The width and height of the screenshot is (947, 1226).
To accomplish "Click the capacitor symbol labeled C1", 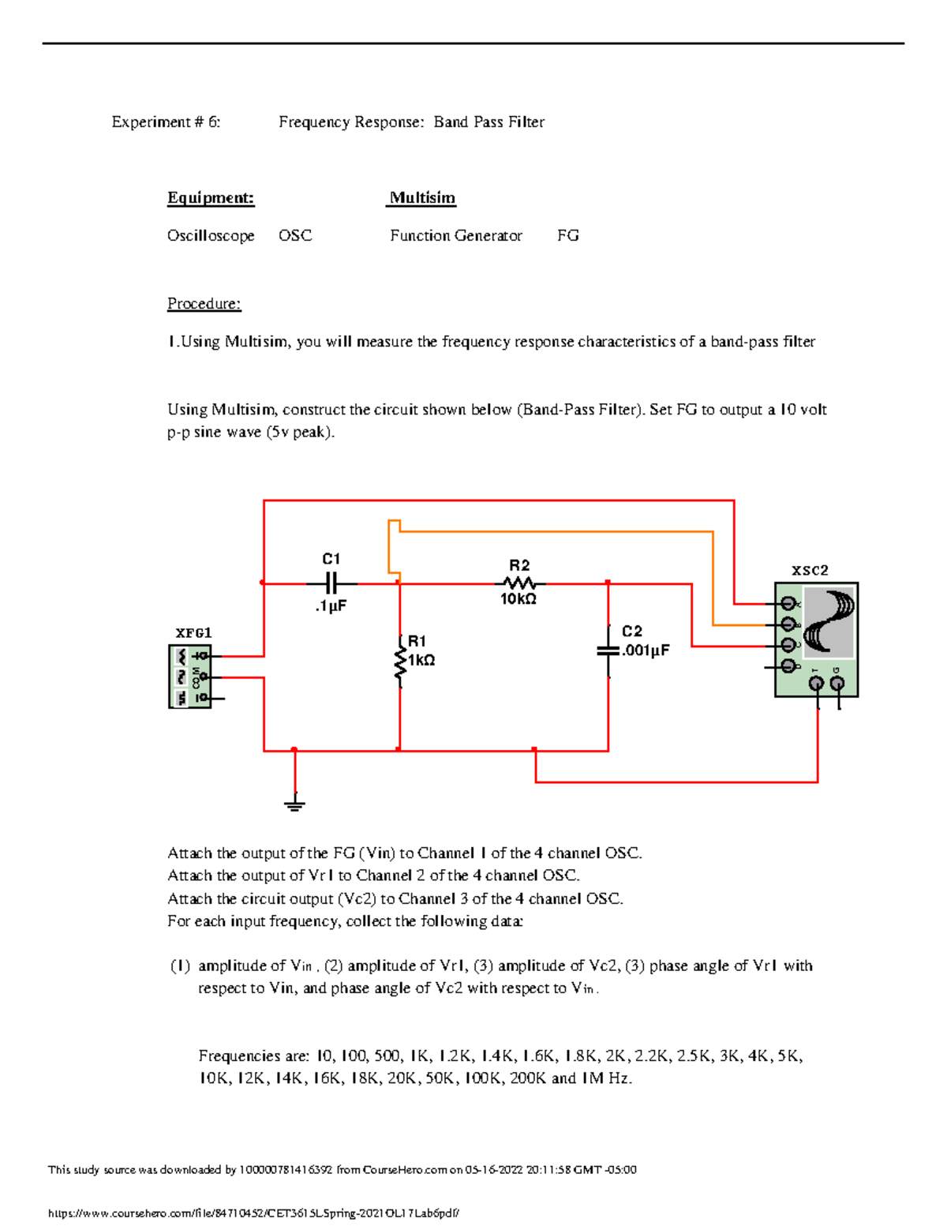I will (x=331, y=583).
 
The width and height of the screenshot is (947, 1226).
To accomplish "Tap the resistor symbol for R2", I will (x=519, y=583).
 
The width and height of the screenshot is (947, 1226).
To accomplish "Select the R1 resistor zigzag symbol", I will (x=400, y=661).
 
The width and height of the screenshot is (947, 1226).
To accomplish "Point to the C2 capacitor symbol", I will (x=608, y=650).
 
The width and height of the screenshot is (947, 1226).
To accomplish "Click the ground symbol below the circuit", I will (x=294, y=804).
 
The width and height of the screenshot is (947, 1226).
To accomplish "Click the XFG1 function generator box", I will (x=190, y=677).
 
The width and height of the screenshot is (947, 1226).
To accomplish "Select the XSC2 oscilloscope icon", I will (x=816, y=639).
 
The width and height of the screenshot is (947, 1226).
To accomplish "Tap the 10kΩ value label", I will (x=518, y=600).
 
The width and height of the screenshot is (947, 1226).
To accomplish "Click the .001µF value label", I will (x=646, y=650).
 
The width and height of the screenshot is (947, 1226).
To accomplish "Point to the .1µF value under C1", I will (x=331, y=606).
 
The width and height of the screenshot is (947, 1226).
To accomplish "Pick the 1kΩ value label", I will (x=421, y=660).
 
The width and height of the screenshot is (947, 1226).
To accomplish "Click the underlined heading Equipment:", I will (x=211, y=198).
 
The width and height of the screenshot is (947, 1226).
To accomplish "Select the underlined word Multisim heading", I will (x=422, y=198).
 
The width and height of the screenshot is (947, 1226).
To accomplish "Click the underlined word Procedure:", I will (x=204, y=304).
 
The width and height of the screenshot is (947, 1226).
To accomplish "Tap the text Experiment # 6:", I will (x=166, y=122).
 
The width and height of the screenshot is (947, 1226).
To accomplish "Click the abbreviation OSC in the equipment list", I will (x=295, y=236).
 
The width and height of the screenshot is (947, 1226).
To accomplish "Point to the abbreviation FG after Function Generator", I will (x=568, y=236).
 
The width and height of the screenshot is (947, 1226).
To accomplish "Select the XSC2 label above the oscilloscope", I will (x=810, y=570).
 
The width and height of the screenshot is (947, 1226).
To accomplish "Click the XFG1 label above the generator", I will (x=193, y=633).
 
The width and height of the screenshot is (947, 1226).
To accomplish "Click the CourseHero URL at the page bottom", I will (x=253, y=1213).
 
